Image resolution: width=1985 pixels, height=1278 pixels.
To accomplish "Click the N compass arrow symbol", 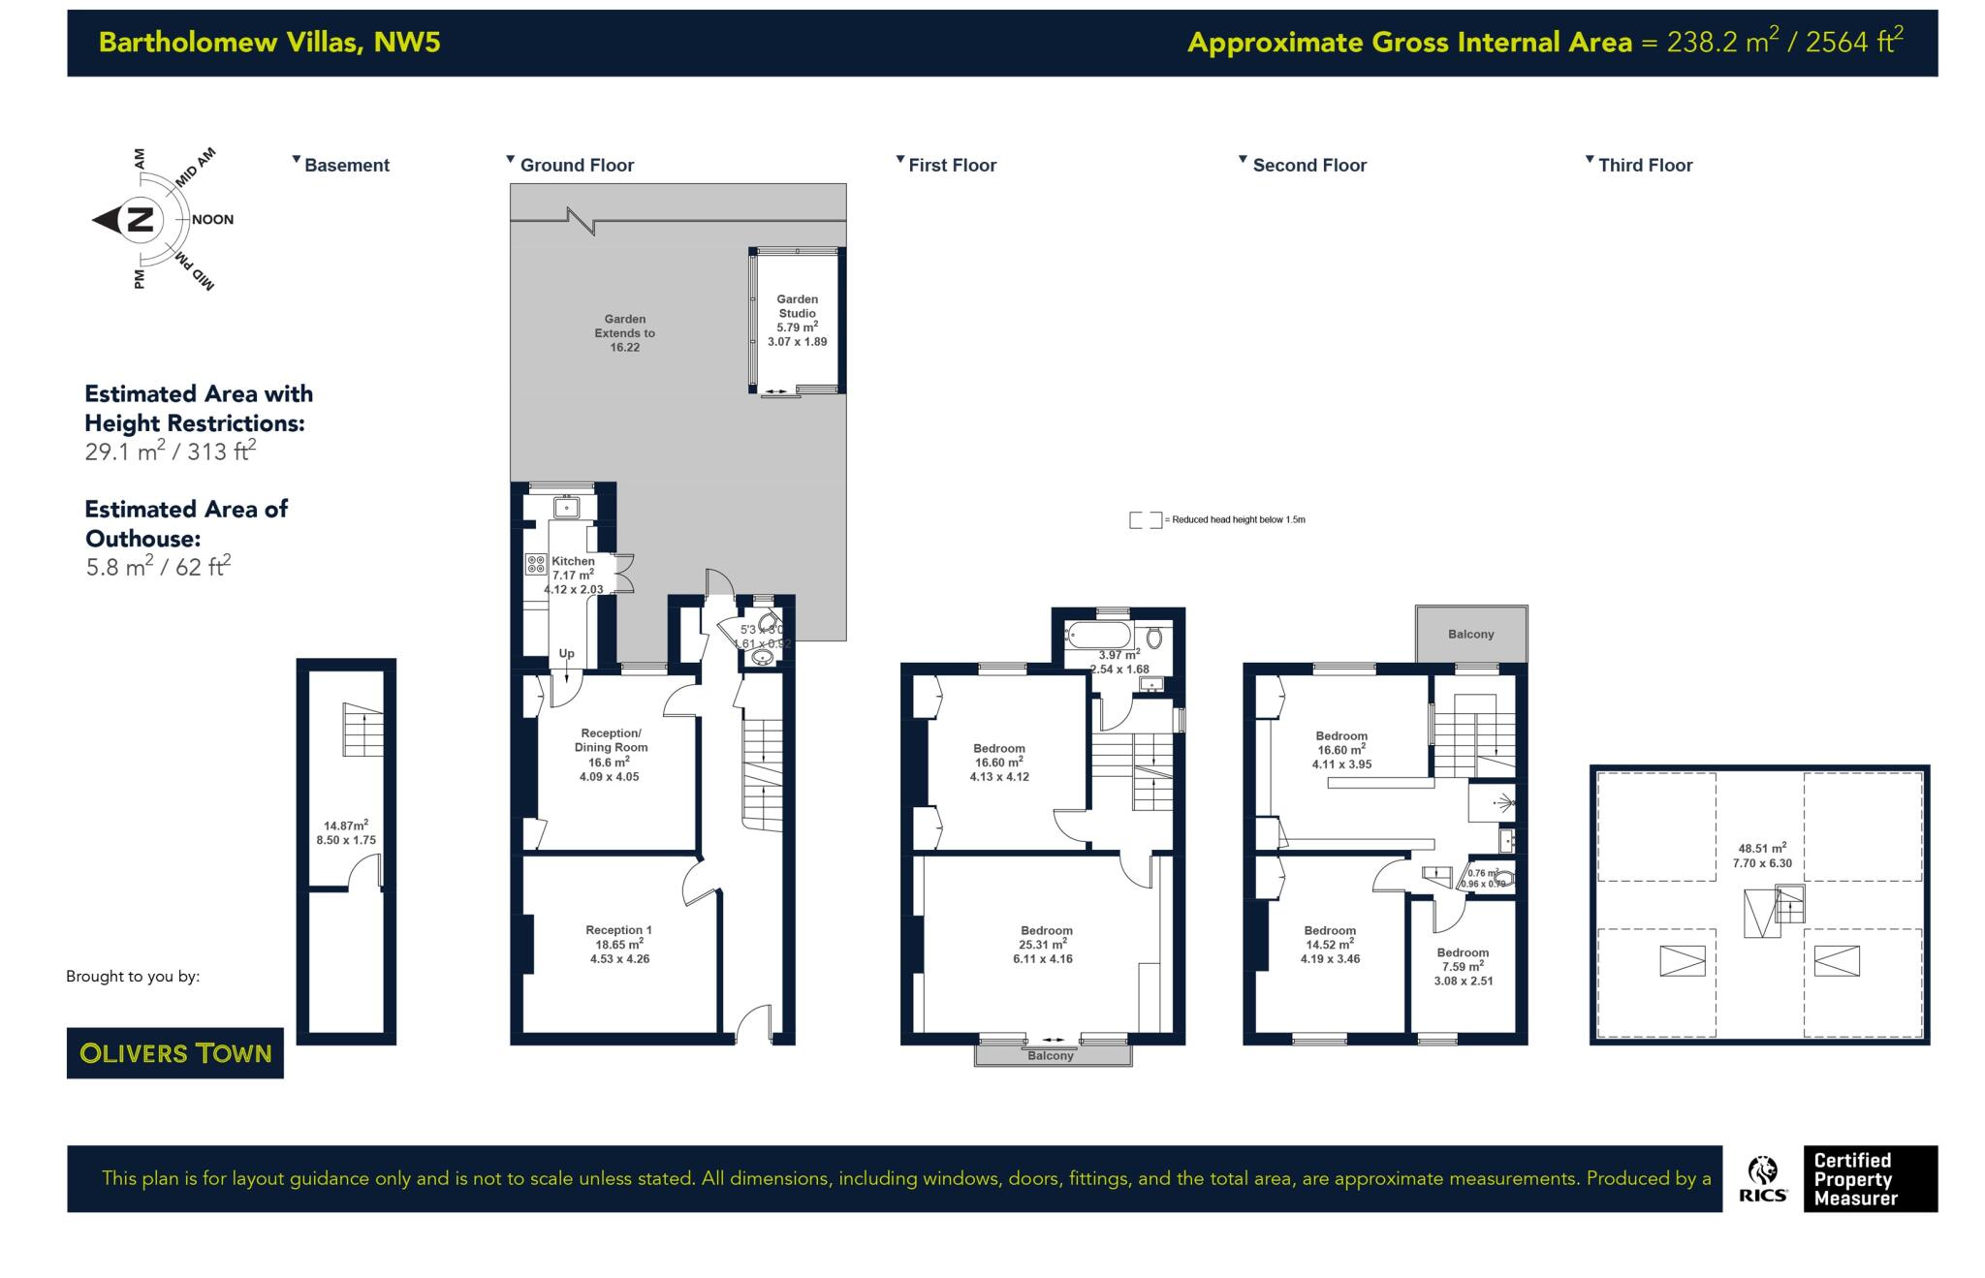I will tap(126, 220).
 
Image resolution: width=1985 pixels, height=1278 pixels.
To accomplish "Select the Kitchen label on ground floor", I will tap(573, 561).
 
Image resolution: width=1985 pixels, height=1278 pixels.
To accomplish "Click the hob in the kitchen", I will tap(536, 564).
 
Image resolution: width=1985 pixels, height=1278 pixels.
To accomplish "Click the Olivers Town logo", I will tap(175, 1053).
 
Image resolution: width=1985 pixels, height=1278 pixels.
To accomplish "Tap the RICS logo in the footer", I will tap(1763, 1179).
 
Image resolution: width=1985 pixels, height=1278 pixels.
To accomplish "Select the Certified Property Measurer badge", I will tap(1869, 1179).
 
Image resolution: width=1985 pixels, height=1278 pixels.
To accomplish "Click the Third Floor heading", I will tap(1645, 166).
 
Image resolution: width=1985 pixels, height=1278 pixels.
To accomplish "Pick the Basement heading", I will tap(346, 166).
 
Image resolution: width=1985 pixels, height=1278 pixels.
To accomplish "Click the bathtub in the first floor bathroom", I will tap(1098, 637).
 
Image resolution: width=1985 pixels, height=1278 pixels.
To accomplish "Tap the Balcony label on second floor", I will tap(1470, 635).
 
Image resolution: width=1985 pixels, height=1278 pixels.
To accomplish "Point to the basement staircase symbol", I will tap(362, 730).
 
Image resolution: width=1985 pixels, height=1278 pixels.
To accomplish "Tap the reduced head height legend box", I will tap(1145, 520).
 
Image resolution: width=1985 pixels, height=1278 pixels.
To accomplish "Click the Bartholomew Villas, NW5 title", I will tap(269, 43).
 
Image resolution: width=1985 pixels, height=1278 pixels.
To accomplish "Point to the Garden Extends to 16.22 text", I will tap(624, 332).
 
